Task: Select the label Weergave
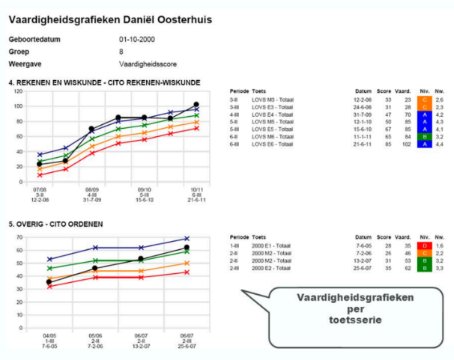tap(24, 64)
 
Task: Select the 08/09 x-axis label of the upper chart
tap(91, 190)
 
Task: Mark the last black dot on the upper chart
tap(196, 105)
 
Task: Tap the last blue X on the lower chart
tap(186, 239)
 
